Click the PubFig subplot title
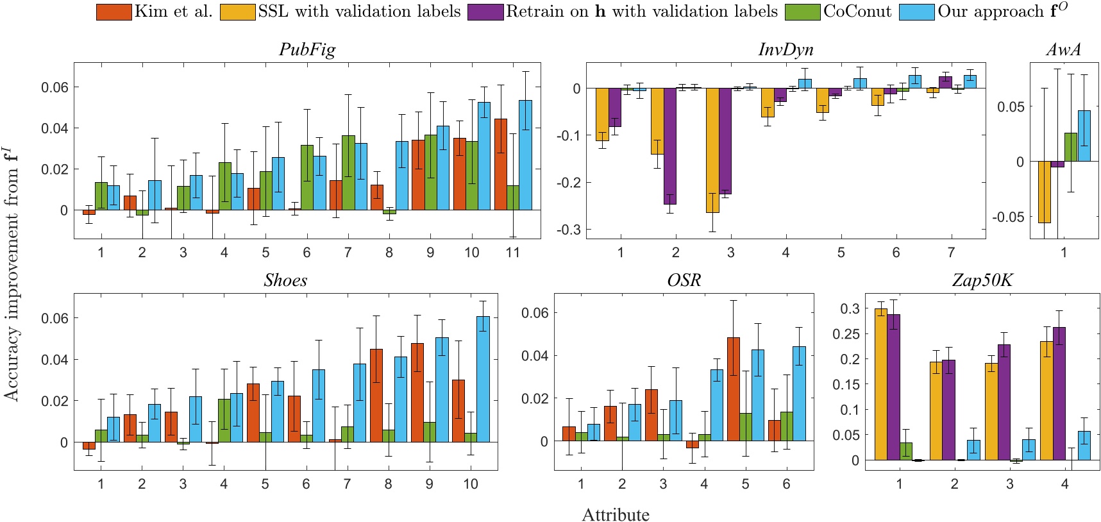307,50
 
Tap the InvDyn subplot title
786,50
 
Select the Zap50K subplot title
982,281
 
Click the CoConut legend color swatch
802,12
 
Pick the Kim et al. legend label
173,12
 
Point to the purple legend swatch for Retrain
485,12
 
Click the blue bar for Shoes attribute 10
483,378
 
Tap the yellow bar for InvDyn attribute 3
712,150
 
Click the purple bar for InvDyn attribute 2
670,146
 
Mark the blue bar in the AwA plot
1084,136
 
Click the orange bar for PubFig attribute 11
500,164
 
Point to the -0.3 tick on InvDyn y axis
569,230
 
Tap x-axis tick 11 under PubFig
512,253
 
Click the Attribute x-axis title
615,515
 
